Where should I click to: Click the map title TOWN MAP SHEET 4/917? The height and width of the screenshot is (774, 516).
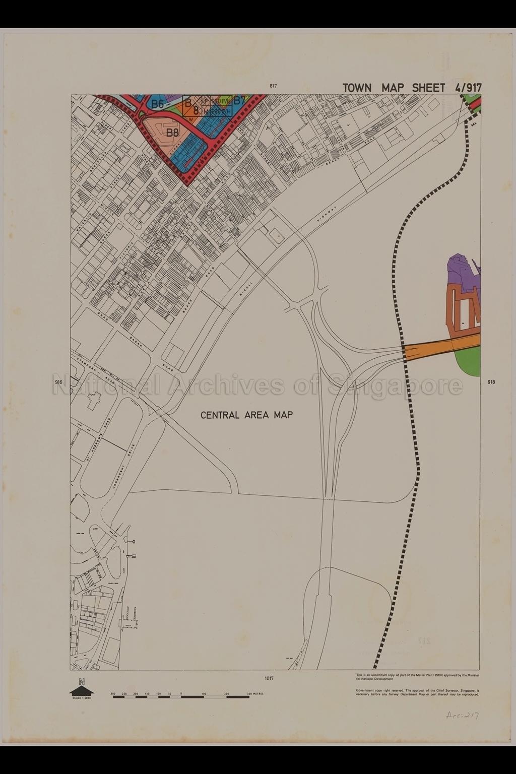[x=412, y=87]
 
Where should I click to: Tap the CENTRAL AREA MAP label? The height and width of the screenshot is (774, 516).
[x=247, y=415]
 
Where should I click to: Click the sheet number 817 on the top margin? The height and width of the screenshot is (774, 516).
[x=273, y=86]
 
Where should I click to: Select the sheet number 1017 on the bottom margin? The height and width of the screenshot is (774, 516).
[x=269, y=679]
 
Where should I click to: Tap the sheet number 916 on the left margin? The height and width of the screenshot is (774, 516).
[x=58, y=382]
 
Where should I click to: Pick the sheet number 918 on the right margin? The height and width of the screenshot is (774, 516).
[x=491, y=382]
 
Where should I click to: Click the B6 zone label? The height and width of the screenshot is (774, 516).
[x=158, y=104]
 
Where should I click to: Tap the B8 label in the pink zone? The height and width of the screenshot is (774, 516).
[x=173, y=133]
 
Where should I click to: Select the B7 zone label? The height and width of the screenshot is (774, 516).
[x=239, y=100]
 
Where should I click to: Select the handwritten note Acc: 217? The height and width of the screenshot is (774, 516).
[x=462, y=715]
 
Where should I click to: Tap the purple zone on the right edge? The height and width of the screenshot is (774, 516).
[x=461, y=272]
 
